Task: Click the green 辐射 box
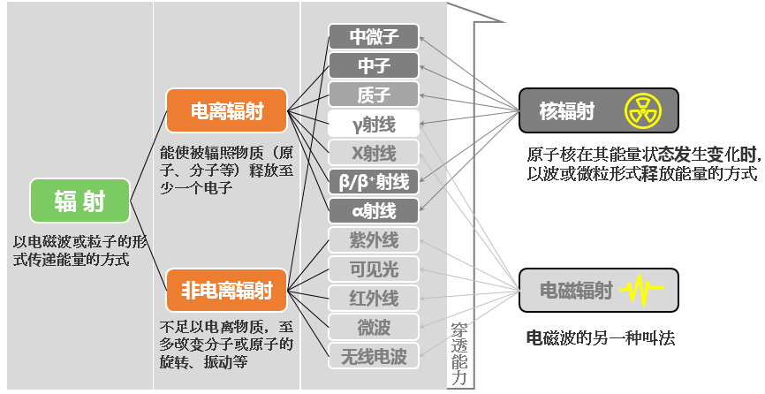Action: (80, 201)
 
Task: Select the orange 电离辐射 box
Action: (227, 110)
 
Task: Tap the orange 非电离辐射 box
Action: (227, 290)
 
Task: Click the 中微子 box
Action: (374, 36)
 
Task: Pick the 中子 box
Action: (374, 65)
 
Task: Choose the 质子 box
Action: (374, 95)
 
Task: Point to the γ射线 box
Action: (374, 124)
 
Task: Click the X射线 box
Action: (374, 153)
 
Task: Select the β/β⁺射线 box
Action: (374, 182)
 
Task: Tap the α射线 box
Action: (374, 211)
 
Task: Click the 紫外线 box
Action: (374, 240)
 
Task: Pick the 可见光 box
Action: (374, 269)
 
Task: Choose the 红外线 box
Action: (374, 298)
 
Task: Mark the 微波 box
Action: (374, 327)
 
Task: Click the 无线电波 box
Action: (374, 356)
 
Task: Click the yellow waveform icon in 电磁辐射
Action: (643, 290)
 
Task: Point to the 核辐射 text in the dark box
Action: (566, 111)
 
